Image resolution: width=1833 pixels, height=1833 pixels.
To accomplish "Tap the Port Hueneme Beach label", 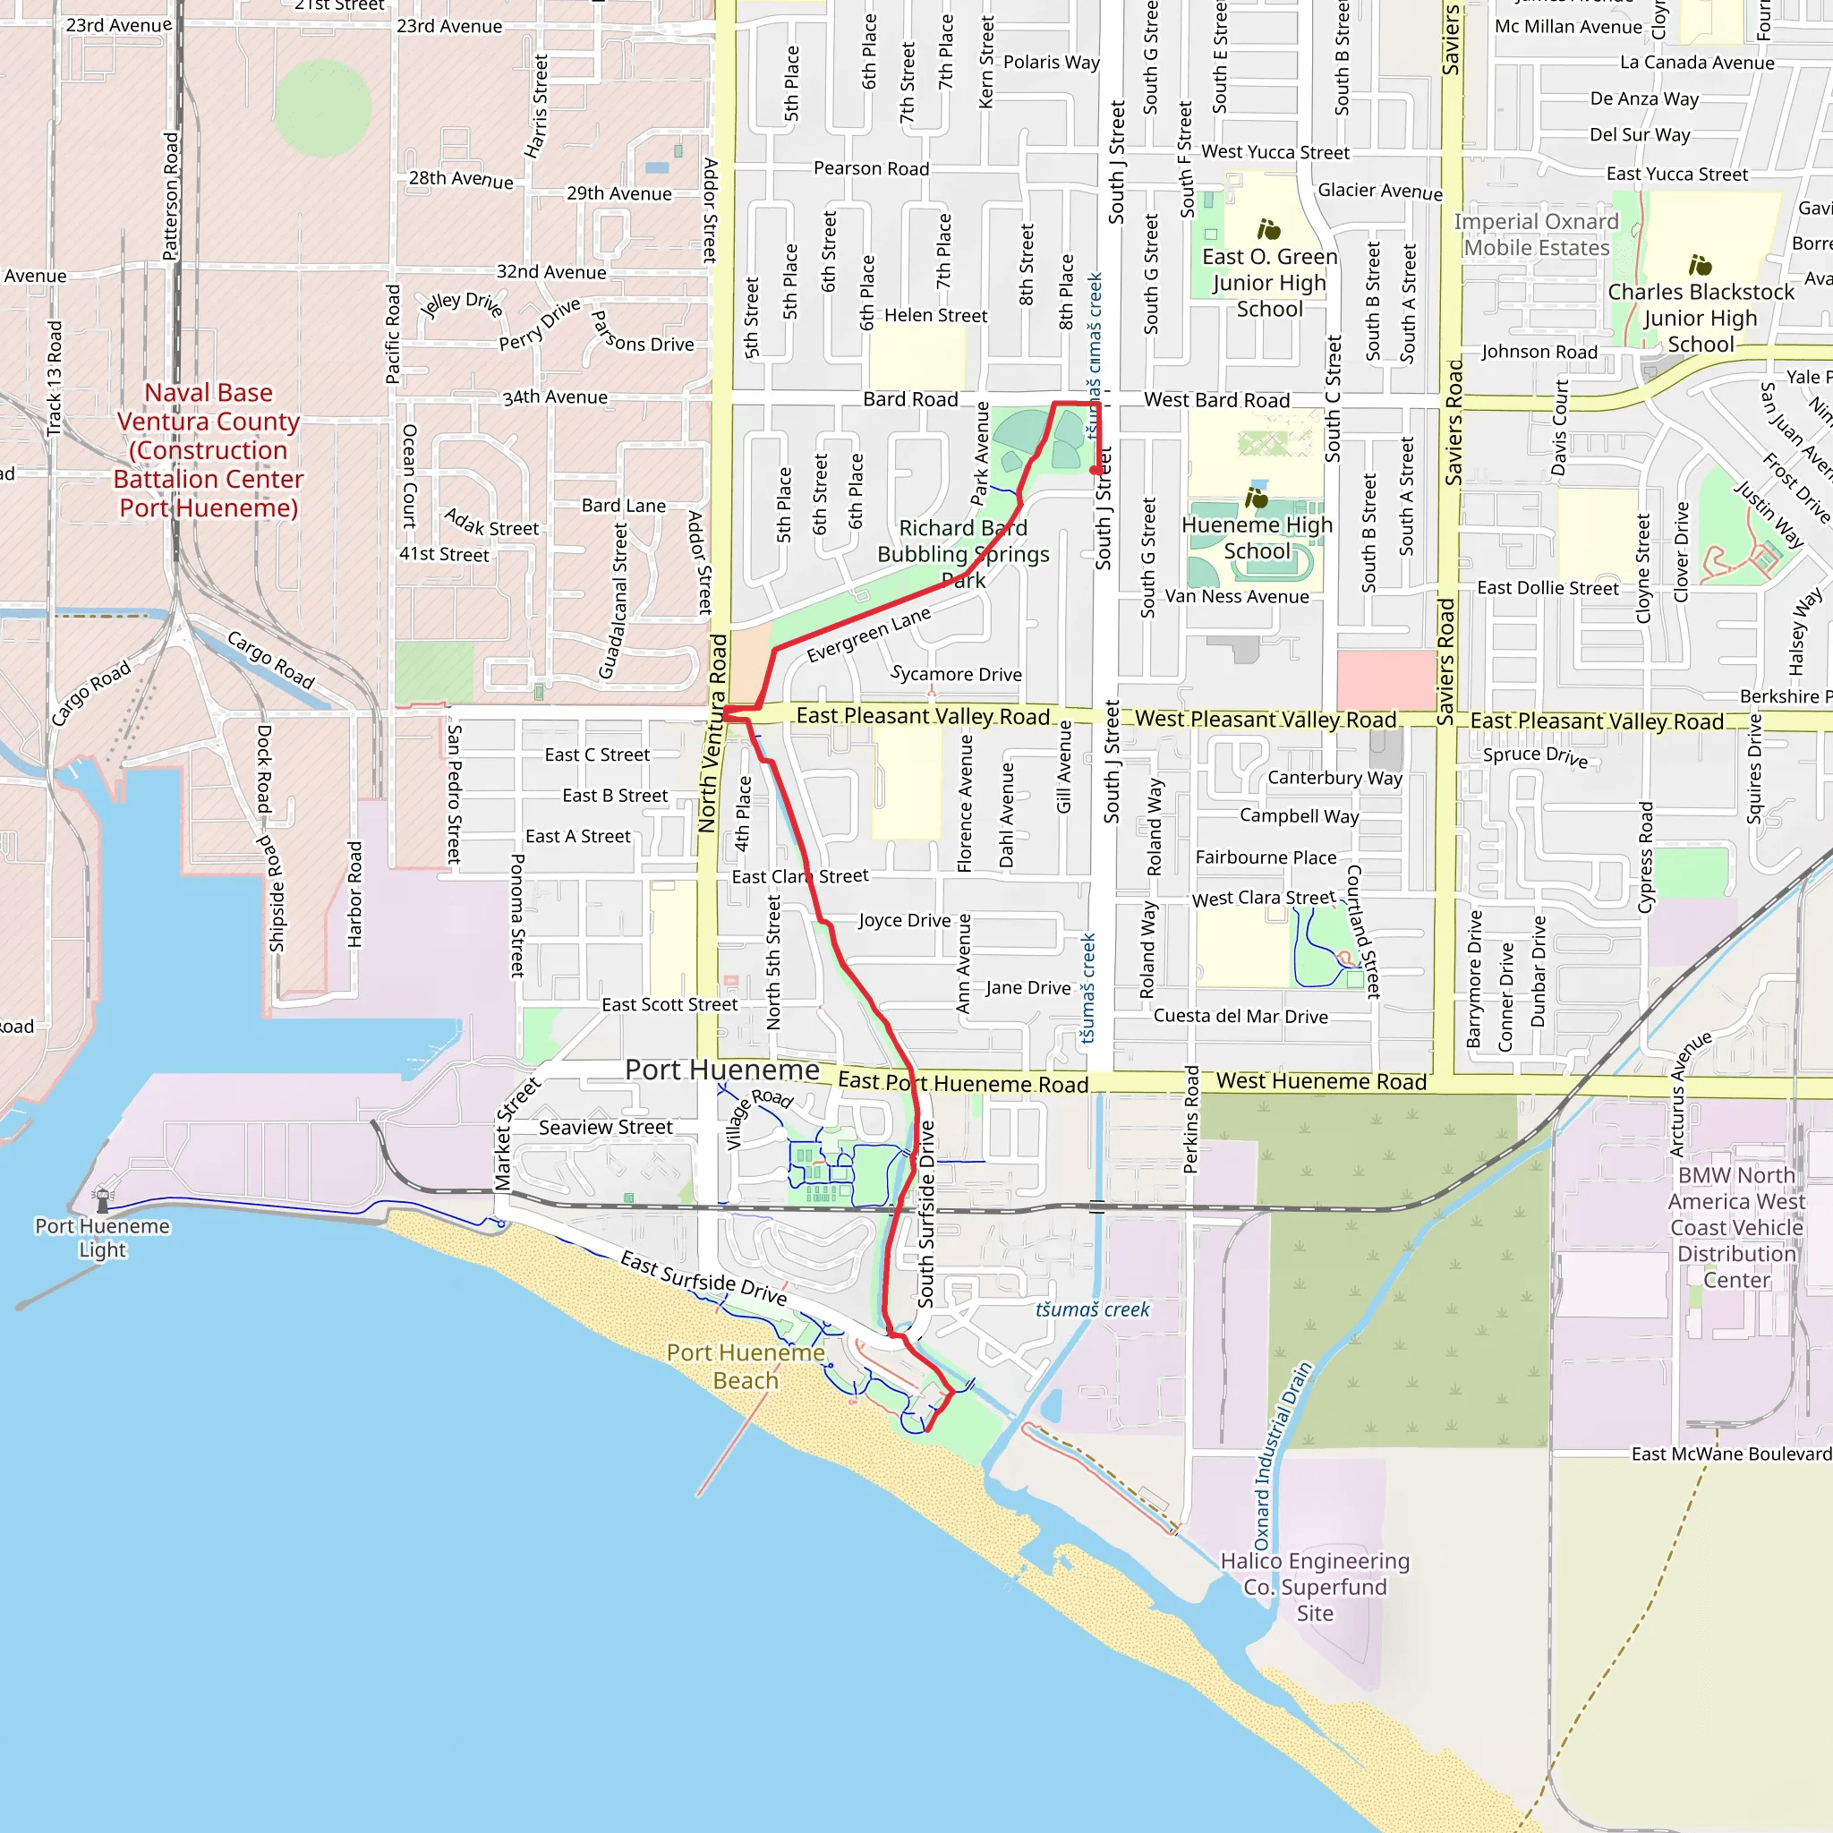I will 746,1366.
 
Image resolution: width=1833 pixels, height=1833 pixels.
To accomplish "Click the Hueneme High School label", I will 1258,538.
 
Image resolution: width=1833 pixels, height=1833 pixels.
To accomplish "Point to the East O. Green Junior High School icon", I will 1268,230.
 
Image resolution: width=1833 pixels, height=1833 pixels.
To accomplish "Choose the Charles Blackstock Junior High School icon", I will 1701,265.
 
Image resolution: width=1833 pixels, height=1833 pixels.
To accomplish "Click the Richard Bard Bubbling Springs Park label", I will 963,553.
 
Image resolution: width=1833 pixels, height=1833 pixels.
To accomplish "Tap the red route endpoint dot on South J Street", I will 1096,471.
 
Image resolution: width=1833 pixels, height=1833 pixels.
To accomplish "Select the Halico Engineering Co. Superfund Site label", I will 1315,1586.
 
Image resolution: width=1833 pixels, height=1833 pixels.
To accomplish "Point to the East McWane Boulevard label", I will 1731,1454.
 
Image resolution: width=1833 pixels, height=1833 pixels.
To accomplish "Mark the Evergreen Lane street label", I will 868,635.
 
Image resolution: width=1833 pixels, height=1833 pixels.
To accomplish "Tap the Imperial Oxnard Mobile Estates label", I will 1536,234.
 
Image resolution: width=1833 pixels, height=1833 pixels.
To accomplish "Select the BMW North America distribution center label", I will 1736,1227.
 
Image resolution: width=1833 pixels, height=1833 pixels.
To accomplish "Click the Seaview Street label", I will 605,1127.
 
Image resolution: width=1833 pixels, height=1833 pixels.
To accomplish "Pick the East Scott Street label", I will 669,1005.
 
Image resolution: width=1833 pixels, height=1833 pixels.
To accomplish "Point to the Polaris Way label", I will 1052,63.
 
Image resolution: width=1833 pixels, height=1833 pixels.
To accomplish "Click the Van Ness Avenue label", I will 1236,597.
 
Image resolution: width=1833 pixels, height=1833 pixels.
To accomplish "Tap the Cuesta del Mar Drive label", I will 1240,1016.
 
